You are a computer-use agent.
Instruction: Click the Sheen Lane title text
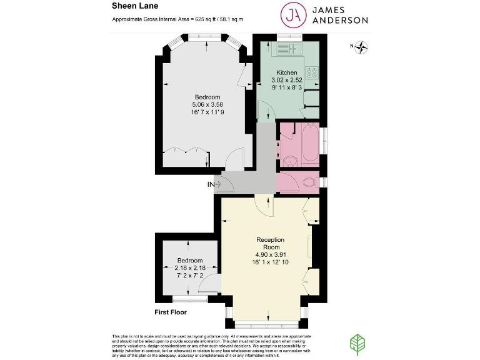tap(130, 7)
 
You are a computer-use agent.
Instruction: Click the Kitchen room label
tap(286, 73)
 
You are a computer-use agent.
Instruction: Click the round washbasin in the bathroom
tap(290, 161)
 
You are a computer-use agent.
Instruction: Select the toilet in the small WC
tap(309, 182)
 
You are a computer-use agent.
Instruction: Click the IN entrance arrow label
tap(212, 184)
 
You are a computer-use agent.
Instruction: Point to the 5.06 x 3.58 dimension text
tap(207, 104)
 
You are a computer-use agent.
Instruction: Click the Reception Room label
tap(270, 243)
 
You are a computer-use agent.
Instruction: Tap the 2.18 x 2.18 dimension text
tap(189, 267)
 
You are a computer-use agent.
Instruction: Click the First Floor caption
tap(171, 312)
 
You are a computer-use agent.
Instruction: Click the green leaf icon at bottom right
tap(356, 343)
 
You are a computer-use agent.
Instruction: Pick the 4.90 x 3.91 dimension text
tap(270, 254)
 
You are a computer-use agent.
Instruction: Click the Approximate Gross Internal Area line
tap(177, 20)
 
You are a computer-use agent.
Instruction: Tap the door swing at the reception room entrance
tap(265, 206)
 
